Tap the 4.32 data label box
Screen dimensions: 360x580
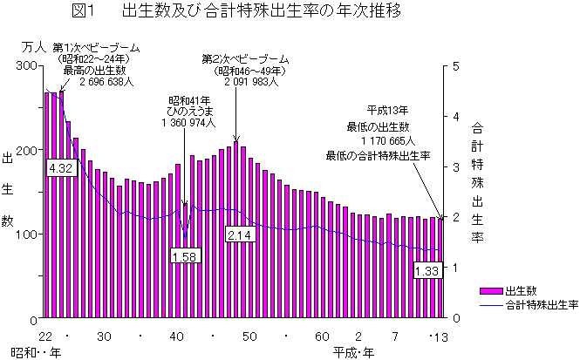[x=60, y=166]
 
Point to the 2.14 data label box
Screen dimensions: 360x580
[x=238, y=235]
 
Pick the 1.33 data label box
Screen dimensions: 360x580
[x=426, y=271]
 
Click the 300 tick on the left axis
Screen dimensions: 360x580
[x=26, y=65]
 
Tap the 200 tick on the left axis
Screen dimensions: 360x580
[x=26, y=150]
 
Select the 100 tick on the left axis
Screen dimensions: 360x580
[x=26, y=234]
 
